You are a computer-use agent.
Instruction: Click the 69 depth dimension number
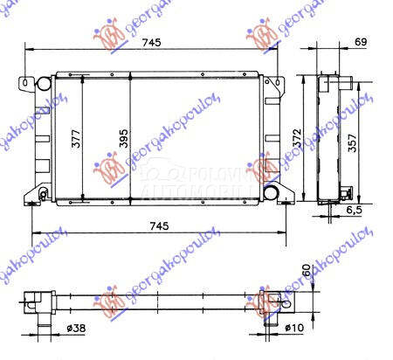[362, 41]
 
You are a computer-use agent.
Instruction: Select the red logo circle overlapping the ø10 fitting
[264, 300]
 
